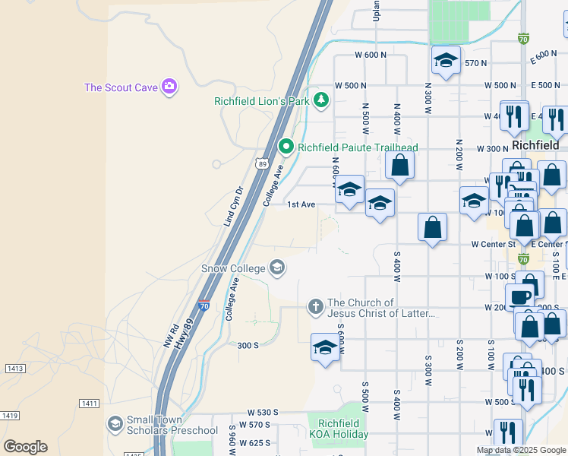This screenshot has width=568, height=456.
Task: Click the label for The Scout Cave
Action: (120, 87)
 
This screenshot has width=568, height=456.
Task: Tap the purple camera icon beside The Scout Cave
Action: (169, 87)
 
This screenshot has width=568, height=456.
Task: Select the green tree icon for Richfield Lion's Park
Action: (322, 100)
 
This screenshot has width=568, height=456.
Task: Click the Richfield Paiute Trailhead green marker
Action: (286, 146)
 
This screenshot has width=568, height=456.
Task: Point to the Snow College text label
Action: (232, 268)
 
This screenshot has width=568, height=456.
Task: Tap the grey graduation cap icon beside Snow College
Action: (277, 266)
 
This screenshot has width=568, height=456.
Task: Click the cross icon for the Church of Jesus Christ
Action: (315, 306)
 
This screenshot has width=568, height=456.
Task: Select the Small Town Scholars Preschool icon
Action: (115, 423)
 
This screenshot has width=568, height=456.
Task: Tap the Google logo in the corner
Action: (25, 446)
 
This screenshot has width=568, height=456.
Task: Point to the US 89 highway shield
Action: (261, 163)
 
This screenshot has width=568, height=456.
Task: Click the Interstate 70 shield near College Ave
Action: (204, 306)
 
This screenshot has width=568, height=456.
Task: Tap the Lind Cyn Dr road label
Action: (232, 207)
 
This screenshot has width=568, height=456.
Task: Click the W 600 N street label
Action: (371, 55)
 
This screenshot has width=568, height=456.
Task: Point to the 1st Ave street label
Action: (301, 204)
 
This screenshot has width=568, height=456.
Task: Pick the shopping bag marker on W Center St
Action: (432, 226)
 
